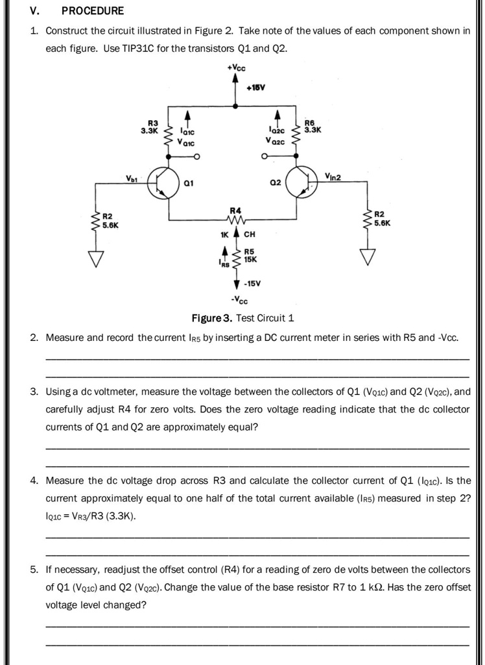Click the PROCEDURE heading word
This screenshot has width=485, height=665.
(93, 11)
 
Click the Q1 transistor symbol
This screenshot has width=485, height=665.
(164, 182)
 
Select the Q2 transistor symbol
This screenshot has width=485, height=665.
(302, 182)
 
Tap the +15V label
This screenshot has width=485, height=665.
(255, 88)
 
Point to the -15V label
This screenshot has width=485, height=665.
(254, 283)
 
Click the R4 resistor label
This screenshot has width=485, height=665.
(236, 210)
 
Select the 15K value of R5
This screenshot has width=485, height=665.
(250, 259)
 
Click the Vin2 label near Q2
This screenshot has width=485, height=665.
(333, 175)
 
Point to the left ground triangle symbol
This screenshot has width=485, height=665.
(95, 258)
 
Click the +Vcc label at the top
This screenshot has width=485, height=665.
(237, 68)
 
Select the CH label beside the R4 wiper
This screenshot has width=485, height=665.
(250, 234)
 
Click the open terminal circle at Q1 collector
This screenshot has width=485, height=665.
(196, 157)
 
